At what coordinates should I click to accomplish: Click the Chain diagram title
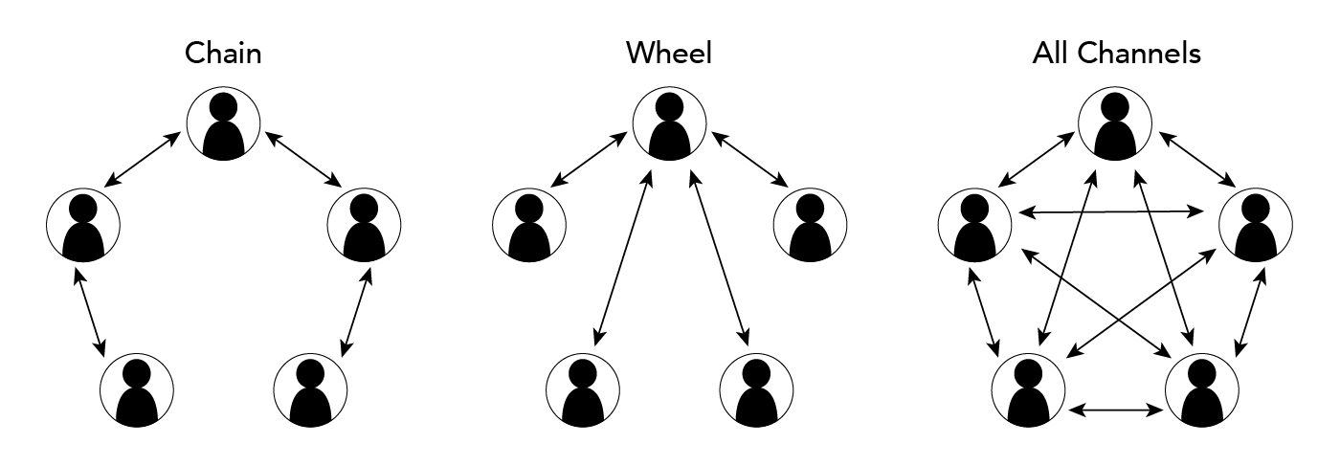223,54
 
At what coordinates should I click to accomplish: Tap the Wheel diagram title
669,54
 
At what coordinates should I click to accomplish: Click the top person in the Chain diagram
223,125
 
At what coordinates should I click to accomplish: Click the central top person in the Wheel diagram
669,125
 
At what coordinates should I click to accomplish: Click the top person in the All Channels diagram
1115,125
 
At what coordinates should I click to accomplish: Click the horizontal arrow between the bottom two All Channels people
1115,410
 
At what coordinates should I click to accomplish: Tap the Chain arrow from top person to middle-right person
304,159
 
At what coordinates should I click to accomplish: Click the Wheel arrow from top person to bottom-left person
623,257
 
